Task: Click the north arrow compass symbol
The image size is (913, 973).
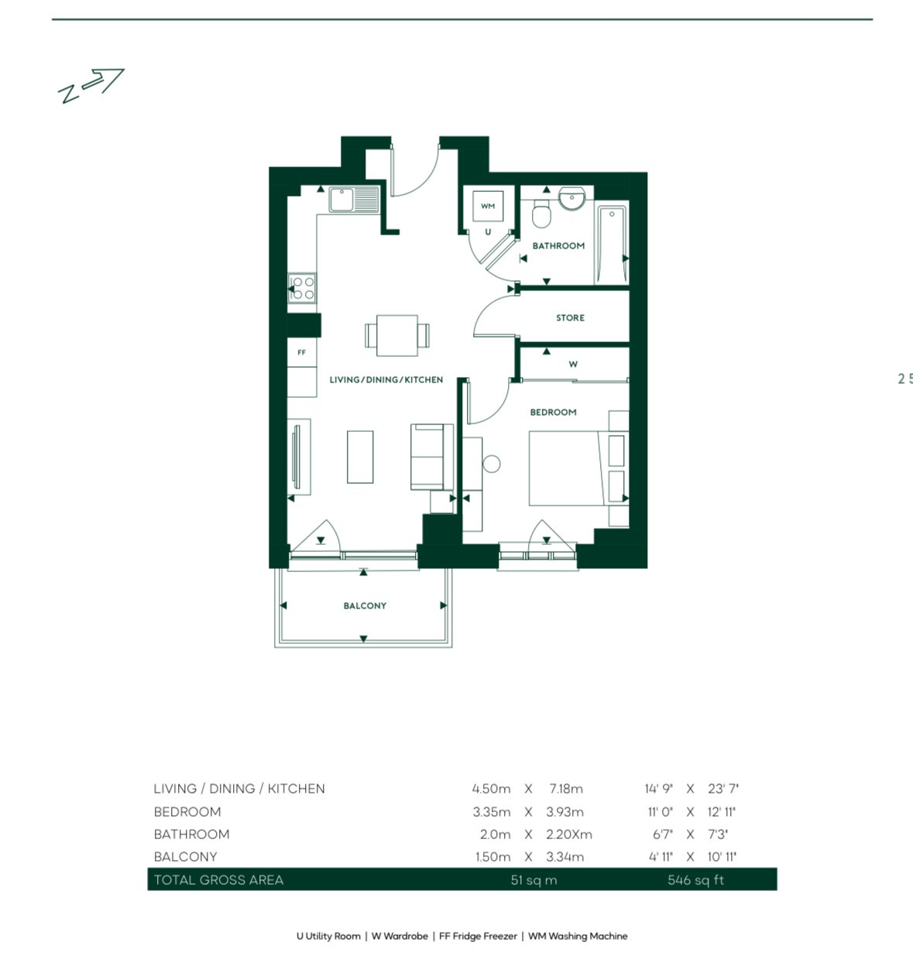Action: click(x=91, y=85)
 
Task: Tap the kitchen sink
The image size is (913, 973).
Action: click(x=354, y=200)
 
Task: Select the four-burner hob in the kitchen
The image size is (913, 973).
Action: click(x=302, y=288)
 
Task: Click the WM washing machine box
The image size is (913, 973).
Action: click(x=488, y=207)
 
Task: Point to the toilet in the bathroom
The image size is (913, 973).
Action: click(x=541, y=214)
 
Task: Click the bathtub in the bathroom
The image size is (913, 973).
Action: click(x=611, y=244)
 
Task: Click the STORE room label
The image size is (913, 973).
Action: click(x=570, y=318)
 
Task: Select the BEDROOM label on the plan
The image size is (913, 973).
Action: click(x=553, y=413)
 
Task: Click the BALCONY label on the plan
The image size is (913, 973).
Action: click(x=365, y=606)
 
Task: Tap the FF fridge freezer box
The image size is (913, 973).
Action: click(x=302, y=353)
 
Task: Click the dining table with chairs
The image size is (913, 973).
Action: click(x=397, y=335)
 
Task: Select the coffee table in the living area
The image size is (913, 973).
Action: click(x=360, y=457)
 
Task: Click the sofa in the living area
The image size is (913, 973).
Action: click(x=431, y=457)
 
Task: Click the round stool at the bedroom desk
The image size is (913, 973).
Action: click(x=491, y=464)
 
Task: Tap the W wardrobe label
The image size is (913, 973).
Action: click(x=573, y=364)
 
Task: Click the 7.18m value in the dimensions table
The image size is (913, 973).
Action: click(x=565, y=789)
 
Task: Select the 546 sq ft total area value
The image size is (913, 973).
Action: click(x=695, y=880)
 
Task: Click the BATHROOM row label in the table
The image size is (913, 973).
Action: click(x=191, y=834)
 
